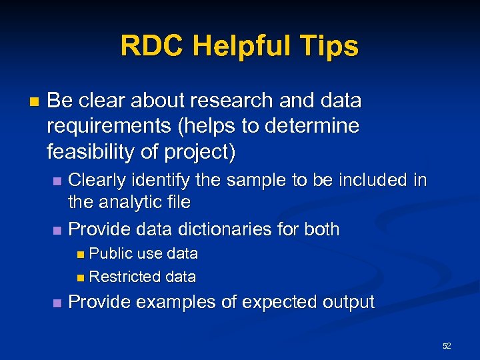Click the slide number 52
(447, 345)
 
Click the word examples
(177, 302)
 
